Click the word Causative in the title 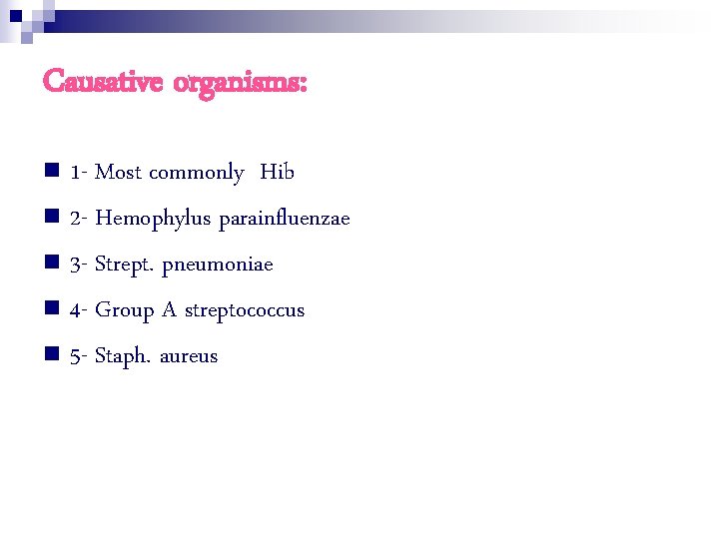tap(103, 82)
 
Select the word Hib tap(277, 173)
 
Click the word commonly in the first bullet tap(197, 174)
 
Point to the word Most tap(118, 173)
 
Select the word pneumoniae tap(217, 265)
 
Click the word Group tap(124, 310)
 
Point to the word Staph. tap(123, 356)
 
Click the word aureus tap(189, 356)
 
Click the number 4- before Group tap(80, 310)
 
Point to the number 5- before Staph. tap(80, 356)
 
